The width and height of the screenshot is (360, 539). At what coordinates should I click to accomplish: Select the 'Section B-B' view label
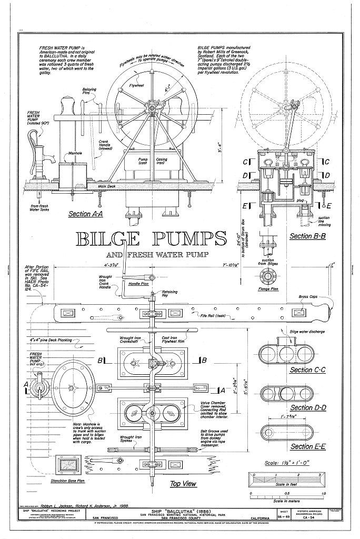[308, 236]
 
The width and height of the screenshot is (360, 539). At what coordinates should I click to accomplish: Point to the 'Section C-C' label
[308, 370]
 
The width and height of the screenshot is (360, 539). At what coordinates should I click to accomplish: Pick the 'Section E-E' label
[308, 446]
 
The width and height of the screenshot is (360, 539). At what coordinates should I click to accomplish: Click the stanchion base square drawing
[68, 464]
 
